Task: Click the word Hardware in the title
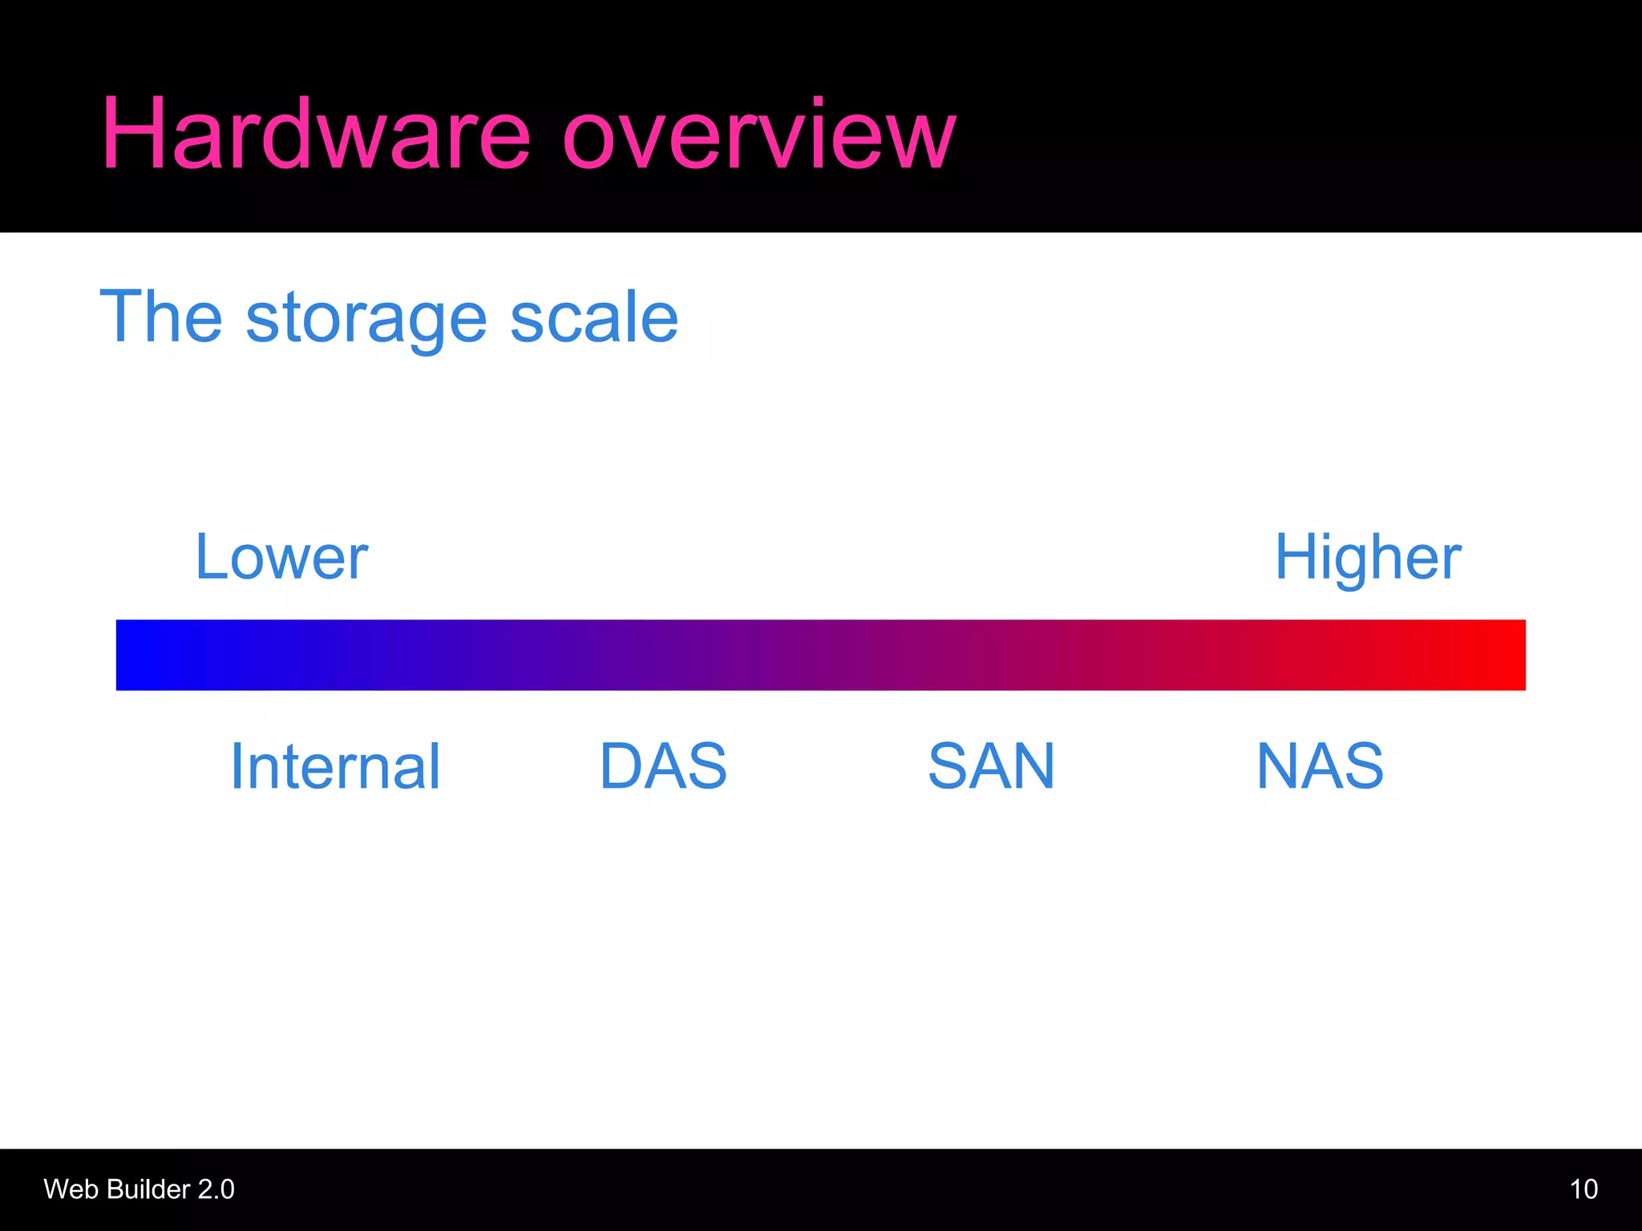(315, 134)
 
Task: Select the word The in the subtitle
(160, 317)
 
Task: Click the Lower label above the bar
(281, 557)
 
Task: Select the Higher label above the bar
(1368, 559)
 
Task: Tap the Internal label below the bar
(335, 766)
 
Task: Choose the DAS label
(663, 766)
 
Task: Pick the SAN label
(991, 766)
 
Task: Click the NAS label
(1320, 766)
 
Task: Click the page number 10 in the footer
(1583, 1189)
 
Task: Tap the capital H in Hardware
(131, 134)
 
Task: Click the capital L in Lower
(210, 557)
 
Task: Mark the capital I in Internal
(237, 766)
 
